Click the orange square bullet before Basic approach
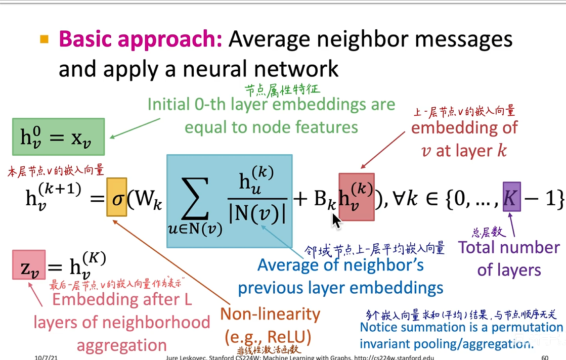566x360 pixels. [x=45, y=39]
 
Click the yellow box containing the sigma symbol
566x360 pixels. [x=116, y=197]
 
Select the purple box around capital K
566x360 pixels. [x=511, y=197]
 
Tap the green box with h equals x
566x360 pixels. [x=58, y=137]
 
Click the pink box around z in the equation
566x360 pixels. [x=28, y=265]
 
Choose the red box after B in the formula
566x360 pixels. [x=357, y=197]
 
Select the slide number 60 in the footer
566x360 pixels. [x=545, y=357]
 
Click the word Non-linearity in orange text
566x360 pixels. [x=270, y=314]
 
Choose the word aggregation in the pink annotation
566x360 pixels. [x=121, y=345]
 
